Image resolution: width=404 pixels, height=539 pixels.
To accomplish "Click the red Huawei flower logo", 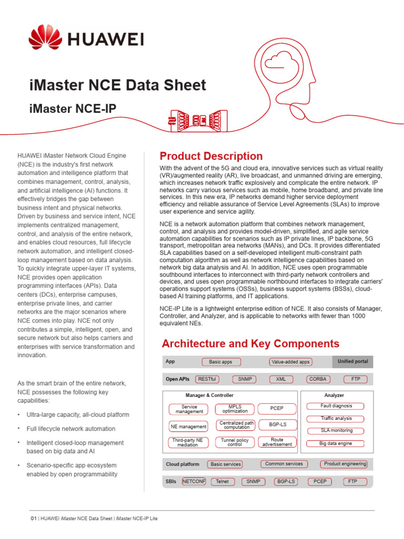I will click(45, 39).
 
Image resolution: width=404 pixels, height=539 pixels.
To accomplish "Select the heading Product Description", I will click(211, 156).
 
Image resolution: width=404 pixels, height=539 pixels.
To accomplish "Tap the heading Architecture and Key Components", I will click(250, 344).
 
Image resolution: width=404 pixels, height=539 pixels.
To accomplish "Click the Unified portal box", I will click(352, 362).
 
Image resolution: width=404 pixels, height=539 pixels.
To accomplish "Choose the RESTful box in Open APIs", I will click(206, 379).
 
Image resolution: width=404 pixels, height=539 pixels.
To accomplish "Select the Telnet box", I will click(223, 481).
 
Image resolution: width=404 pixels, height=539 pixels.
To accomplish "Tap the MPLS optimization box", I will click(235, 409).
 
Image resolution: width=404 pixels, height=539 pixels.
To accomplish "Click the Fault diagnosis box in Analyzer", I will click(337, 406).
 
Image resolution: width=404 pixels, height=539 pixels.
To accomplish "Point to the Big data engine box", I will click(336, 444).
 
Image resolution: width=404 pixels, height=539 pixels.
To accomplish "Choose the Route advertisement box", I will click(277, 442).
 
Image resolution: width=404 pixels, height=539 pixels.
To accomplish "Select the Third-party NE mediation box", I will click(188, 442).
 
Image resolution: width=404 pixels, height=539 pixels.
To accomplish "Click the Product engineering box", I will click(345, 464).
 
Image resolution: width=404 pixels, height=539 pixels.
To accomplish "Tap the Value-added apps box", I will click(290, 362).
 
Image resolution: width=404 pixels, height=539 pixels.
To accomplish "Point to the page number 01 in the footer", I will click(34, 518).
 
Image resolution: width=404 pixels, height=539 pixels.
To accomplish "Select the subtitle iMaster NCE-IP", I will click(72, 108).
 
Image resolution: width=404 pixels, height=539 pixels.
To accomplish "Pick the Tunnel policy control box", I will click(235, 442).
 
